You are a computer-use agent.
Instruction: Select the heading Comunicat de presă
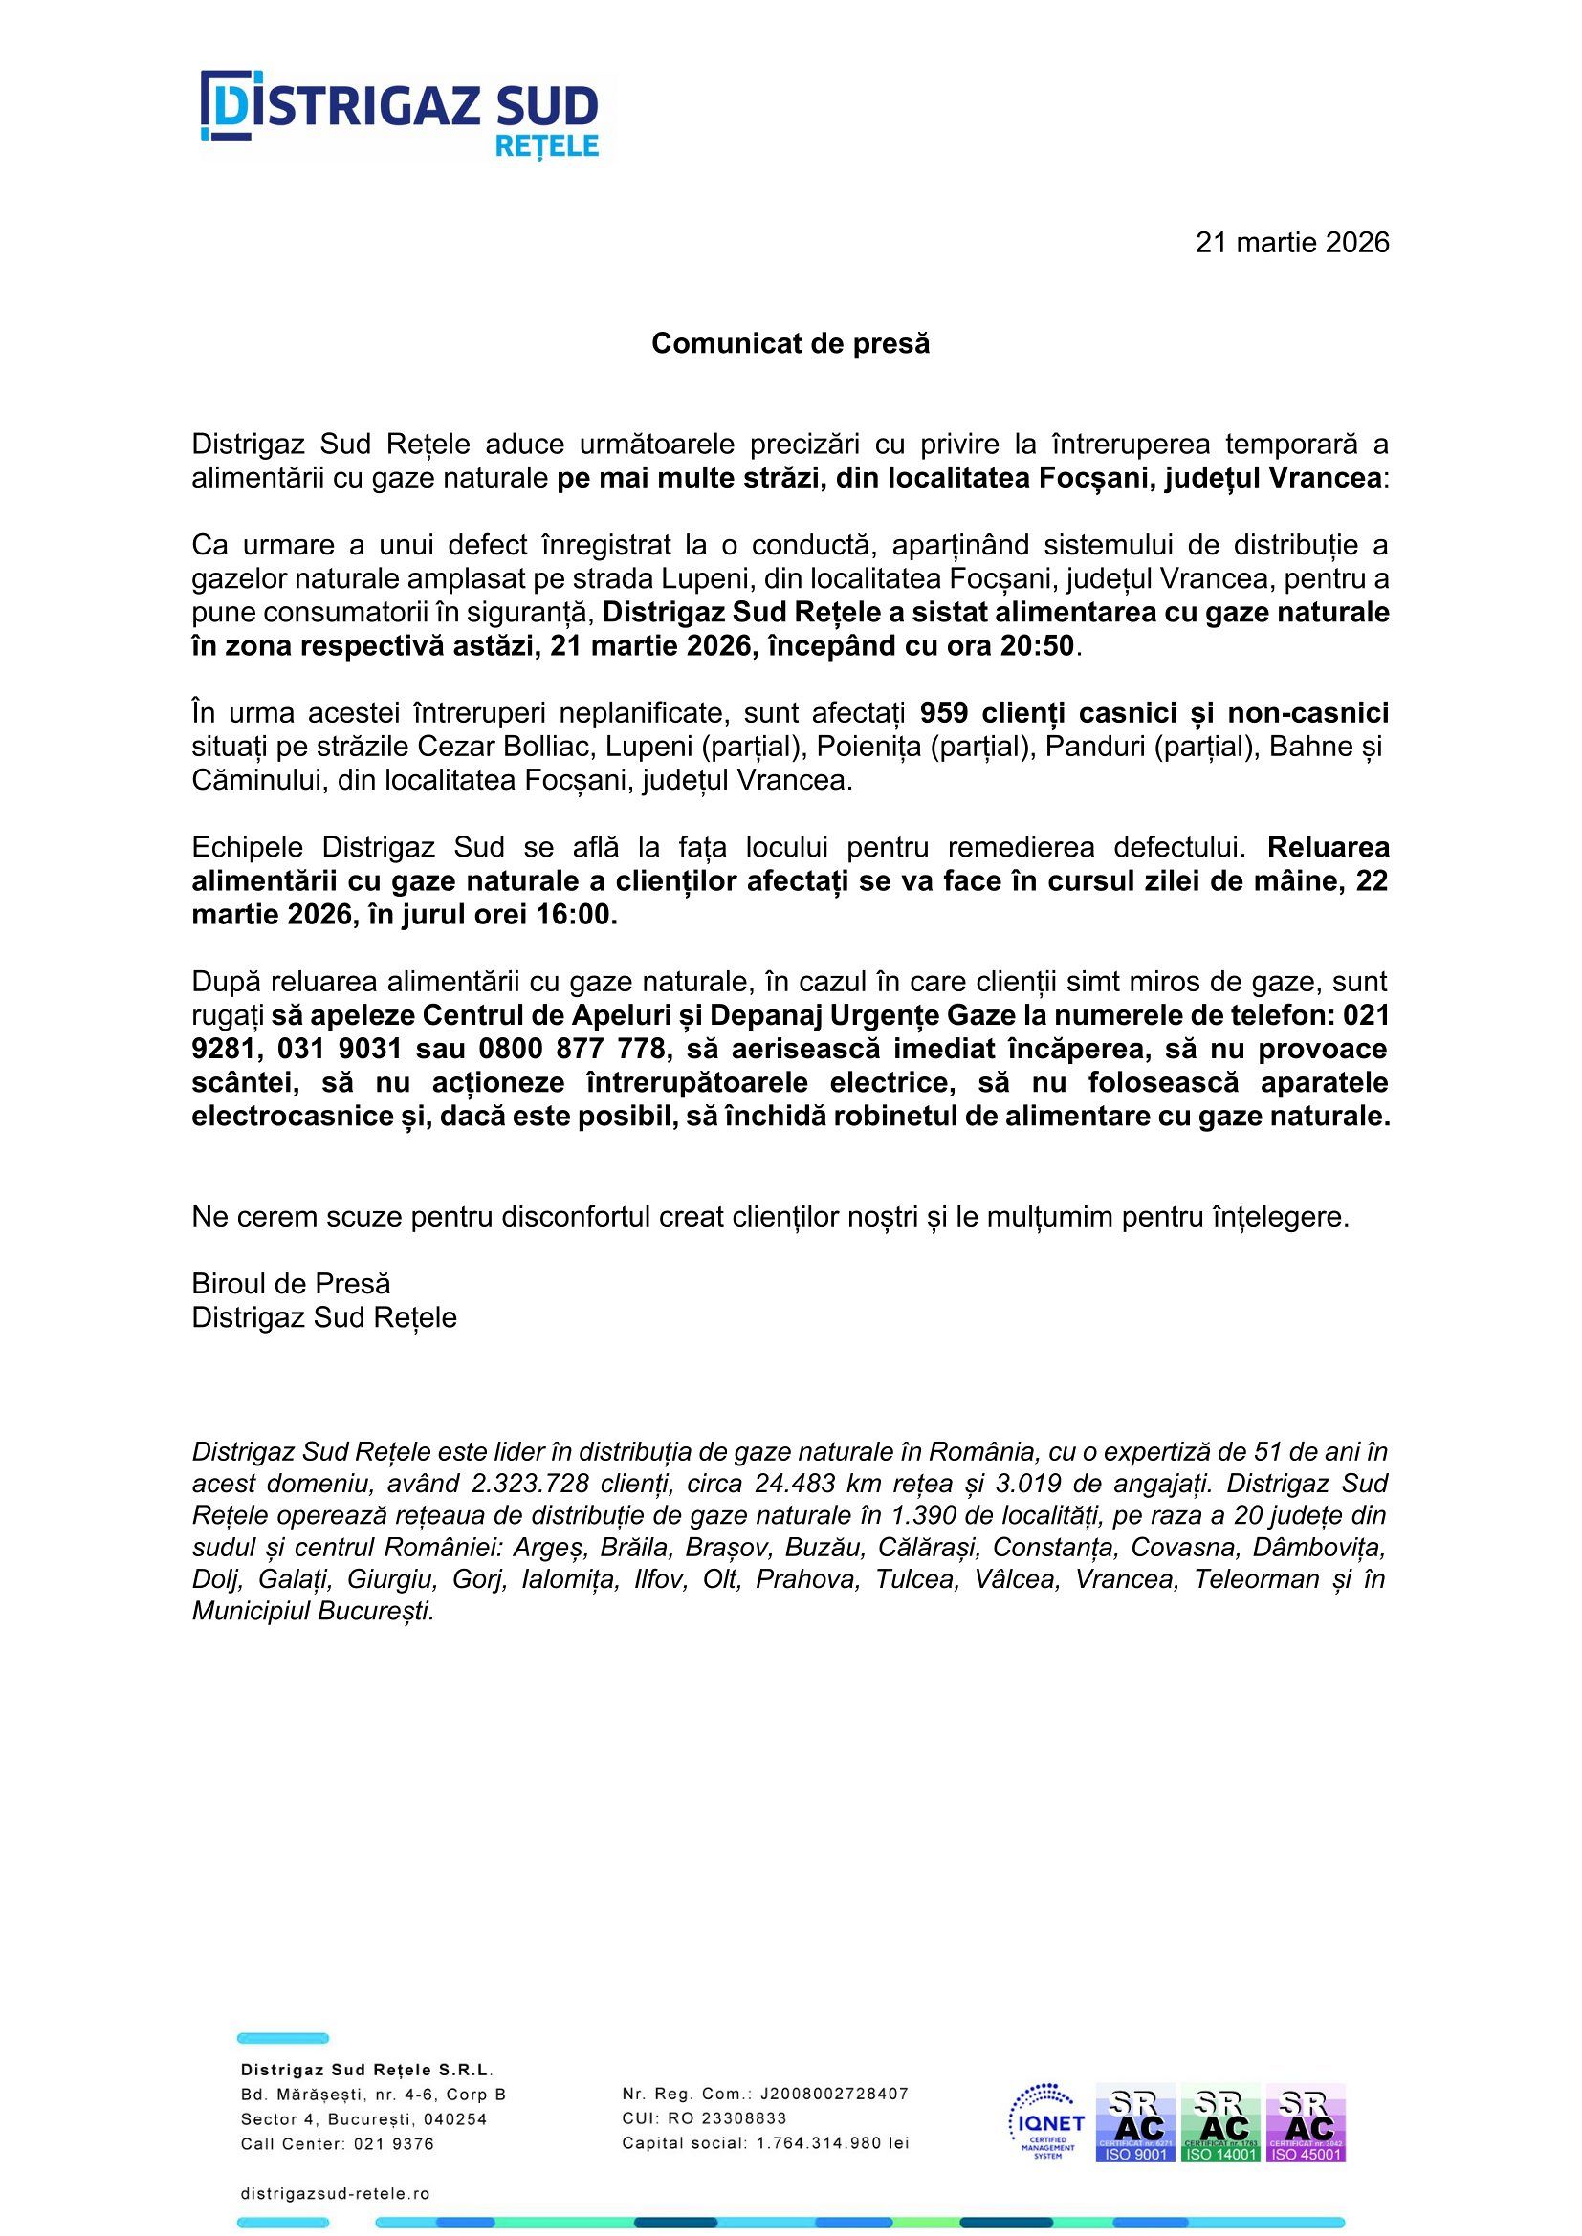coord(790,344)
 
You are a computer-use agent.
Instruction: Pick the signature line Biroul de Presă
coord(291,1284)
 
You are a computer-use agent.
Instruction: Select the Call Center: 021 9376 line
coord(337,2143)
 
